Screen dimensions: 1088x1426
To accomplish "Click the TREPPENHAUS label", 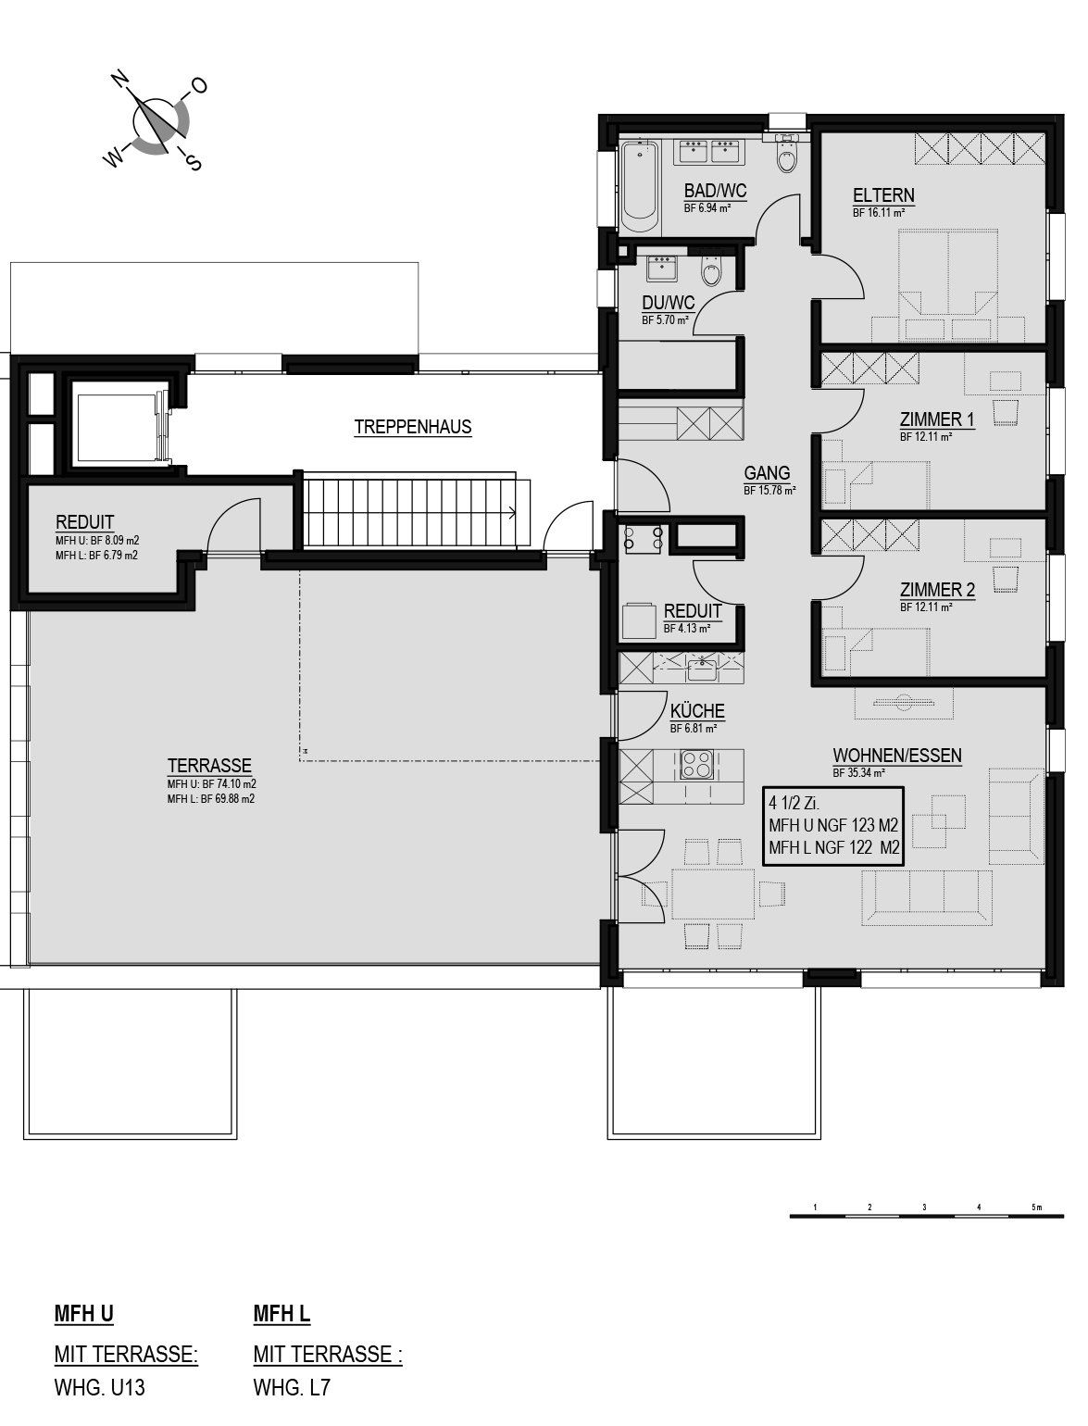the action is (412, 427).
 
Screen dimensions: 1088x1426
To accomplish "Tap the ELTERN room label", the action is (883, 194).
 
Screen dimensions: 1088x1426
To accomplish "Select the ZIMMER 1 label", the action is (937, 419).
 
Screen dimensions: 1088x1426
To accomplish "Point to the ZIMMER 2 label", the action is (937, 590).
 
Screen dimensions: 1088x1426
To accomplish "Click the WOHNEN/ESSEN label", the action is (897, 756).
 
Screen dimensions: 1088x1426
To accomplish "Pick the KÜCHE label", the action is (697, 711).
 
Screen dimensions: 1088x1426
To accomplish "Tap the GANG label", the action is (767, 473).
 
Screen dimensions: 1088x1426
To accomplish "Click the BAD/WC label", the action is (715, 191).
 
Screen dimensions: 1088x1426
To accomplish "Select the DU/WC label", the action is (669, 303).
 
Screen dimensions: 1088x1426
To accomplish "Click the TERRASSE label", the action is (209, 765).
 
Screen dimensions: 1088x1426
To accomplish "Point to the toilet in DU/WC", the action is (711, 271).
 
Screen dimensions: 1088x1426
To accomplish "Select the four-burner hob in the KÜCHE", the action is (697, 765).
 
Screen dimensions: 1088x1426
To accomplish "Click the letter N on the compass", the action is (120, 80).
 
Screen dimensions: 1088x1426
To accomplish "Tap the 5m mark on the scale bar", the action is (1036, 1207).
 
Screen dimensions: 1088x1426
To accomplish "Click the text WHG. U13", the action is (99, 1388).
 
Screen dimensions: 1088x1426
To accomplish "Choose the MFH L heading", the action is (281, 1313).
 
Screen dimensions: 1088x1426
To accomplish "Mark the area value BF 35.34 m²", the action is (858, 773).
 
